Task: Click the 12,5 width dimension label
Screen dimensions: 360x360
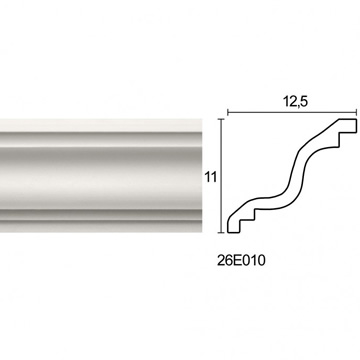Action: coord(295,102)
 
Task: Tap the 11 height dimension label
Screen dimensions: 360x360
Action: coord(211,177)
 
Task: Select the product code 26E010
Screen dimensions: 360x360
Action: coord(241,261)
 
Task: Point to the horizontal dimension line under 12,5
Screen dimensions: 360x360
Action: coord(292,113)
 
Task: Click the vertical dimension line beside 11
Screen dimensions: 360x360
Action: coord(221,175)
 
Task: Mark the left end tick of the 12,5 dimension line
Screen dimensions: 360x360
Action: coord(228,113)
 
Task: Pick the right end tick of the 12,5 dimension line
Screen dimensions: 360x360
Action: coord(357,113)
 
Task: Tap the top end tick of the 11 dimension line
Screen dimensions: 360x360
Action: coord(221,119)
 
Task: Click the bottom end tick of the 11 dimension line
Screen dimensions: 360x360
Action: coord(221,232)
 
